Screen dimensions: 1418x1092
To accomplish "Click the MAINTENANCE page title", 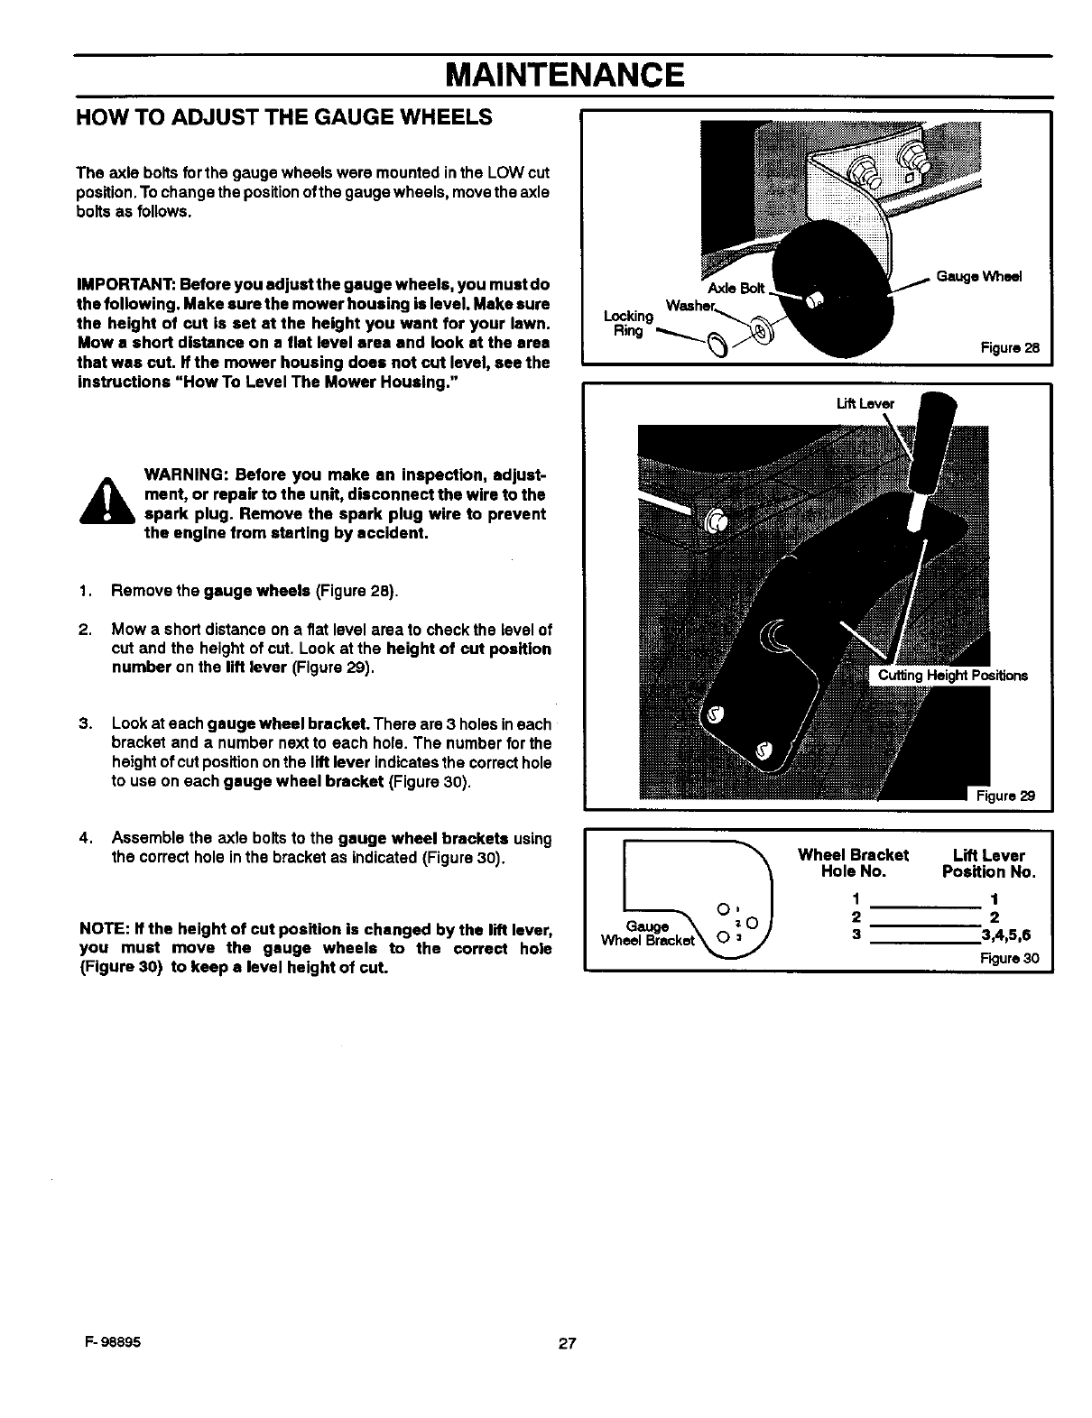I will [563, 74].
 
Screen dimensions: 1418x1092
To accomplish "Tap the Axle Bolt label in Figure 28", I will [736, 288].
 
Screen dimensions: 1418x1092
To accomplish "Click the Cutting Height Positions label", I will [952, 676].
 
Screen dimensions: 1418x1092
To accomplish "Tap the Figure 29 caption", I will [1002, 796].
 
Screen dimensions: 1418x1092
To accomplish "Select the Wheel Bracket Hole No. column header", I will [853, 863].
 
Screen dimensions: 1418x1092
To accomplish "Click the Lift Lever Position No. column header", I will [988, 863].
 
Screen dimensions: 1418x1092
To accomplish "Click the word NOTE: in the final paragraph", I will [104, 929].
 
